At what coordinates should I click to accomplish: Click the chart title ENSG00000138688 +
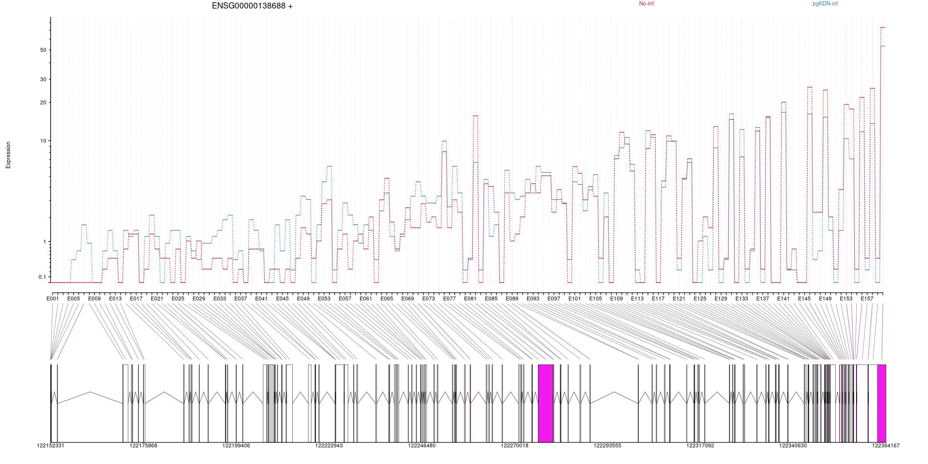[x=252, y=6]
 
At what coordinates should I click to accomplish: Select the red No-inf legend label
[x=646, y=4]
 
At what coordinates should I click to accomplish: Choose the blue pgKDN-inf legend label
[x=825, y=4]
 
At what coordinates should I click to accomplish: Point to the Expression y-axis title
[x=8, y=155]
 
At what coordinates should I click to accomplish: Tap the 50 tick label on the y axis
[x=43, y=50]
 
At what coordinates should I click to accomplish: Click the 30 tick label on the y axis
[x=43, y=80]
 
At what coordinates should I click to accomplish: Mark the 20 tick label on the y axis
[x=43, y=103]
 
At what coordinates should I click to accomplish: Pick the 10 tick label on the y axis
[x=43, y=141]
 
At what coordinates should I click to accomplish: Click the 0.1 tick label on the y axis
[x=42, y=277]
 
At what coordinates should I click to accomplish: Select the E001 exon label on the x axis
[x=53, y=299]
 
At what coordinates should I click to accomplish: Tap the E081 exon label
[x=470, y=299]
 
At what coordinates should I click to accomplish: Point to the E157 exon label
[x=867, y=299]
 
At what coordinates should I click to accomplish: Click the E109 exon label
[x=616, y=299]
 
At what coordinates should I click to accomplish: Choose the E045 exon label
[x=282, y=299]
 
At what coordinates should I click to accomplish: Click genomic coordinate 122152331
[x=51, y=446]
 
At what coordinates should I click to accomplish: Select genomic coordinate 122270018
[x=514, y=446]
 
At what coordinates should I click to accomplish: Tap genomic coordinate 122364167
[x=885, y=446]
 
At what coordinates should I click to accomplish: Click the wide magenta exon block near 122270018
[x=546, y=403]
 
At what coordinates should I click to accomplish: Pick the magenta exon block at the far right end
[x=882, y=403]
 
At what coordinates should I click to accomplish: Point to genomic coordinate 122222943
[x=329, y=446]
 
